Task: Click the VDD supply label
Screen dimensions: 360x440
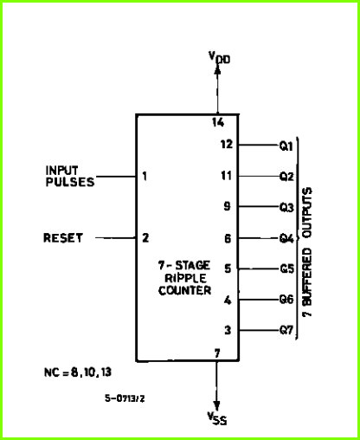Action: [x=220, y=57]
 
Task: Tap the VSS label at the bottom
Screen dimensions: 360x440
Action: [x=217, y=418]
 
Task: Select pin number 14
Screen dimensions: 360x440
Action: [x=218, y=122]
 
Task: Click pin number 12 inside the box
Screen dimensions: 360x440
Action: [x=227, y=144]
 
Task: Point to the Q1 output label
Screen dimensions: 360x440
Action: [x=286, y=146]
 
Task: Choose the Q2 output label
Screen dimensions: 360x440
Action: [x=286, y=176]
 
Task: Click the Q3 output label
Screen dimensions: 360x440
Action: [x=286, y=207]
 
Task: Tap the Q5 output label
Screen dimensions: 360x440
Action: [x=287, y=269]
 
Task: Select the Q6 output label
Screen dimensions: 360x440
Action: [x=286, y=300]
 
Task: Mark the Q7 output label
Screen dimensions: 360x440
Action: [x=286, y=330]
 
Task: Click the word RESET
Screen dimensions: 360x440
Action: [x=63, y=238]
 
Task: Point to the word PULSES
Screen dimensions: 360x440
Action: [x=70, y=182]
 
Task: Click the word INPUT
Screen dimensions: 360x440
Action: [x=61, y=171]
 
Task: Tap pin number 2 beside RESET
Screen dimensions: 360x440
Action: [x=145, y=237]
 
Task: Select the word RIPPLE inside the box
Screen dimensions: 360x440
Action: [x=185, y=278]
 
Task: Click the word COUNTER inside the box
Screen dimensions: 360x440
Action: [x=184, y=290]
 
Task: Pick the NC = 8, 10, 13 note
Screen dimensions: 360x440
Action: [x=78, y=372]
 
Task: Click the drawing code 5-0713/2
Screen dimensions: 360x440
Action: [x=125, y=398]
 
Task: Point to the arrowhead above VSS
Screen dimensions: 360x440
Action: [x=216, y=405]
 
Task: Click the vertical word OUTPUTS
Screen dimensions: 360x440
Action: [x=307, y=213]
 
